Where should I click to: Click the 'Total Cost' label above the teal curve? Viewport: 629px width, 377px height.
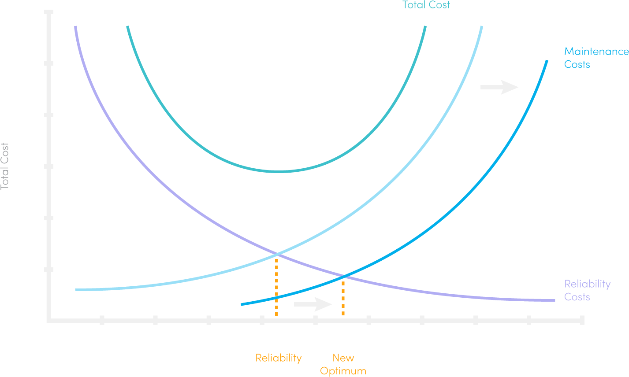coord(426,5)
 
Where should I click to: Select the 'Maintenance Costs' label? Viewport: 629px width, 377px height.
coord(596,58)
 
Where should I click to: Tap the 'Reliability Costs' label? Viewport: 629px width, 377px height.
coord(587,290)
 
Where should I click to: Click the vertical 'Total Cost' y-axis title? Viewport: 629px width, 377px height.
coord(5,166)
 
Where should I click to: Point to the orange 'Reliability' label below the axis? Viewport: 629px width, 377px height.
coord(279,358)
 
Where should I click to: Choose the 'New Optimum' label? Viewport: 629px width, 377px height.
coord(343,364)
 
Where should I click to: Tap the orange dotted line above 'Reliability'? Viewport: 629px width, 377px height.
coord(276,286)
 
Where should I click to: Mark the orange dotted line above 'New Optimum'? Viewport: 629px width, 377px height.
coord(343,297)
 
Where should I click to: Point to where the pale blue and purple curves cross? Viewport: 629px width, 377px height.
coord(277,254)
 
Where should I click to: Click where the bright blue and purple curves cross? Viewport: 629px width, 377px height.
coord(344,277)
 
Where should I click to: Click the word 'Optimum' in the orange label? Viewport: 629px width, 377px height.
coord(343,370)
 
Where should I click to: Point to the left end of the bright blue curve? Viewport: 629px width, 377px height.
coord(242,304)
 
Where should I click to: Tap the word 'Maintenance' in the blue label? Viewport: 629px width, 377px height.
coord(596,52)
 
